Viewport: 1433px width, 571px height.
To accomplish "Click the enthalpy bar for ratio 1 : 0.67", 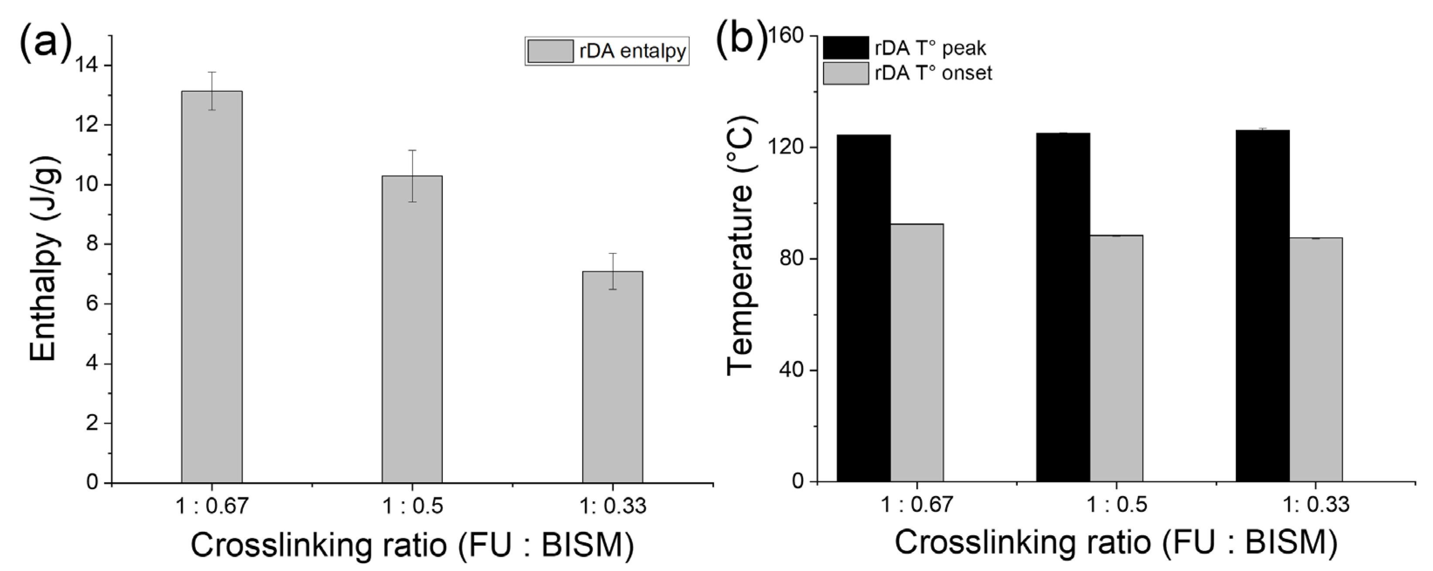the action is [x=212, y=287].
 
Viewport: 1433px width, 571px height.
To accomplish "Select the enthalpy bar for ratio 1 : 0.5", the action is [x=412, y=329].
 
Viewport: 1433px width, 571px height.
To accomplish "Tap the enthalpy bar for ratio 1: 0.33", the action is [x=612, y=377].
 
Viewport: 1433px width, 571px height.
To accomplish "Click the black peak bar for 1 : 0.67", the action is [x=863, y=309].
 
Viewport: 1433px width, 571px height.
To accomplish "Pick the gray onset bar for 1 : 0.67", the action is [x=917, y=353].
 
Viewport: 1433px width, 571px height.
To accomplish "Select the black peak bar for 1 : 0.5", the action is [x=1063, y=307].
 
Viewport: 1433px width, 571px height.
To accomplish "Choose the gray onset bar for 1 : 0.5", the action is [x=1116, y=359].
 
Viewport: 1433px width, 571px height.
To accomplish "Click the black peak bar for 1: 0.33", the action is [x=1263, y=306].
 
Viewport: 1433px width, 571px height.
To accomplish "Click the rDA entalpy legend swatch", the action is [x=550, y=51].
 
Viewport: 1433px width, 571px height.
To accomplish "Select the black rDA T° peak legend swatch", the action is [x=845, y=48].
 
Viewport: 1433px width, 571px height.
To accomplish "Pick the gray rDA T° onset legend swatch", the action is [x=845, y=73].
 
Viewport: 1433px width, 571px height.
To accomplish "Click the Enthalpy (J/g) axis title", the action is [x=44, y=258].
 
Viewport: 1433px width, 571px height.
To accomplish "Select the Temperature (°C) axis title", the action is [x=740, y=244].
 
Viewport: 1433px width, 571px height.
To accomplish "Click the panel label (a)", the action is [x=46, y=41].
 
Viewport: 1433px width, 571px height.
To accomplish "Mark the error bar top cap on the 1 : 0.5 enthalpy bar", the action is [x=412, y=150].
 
